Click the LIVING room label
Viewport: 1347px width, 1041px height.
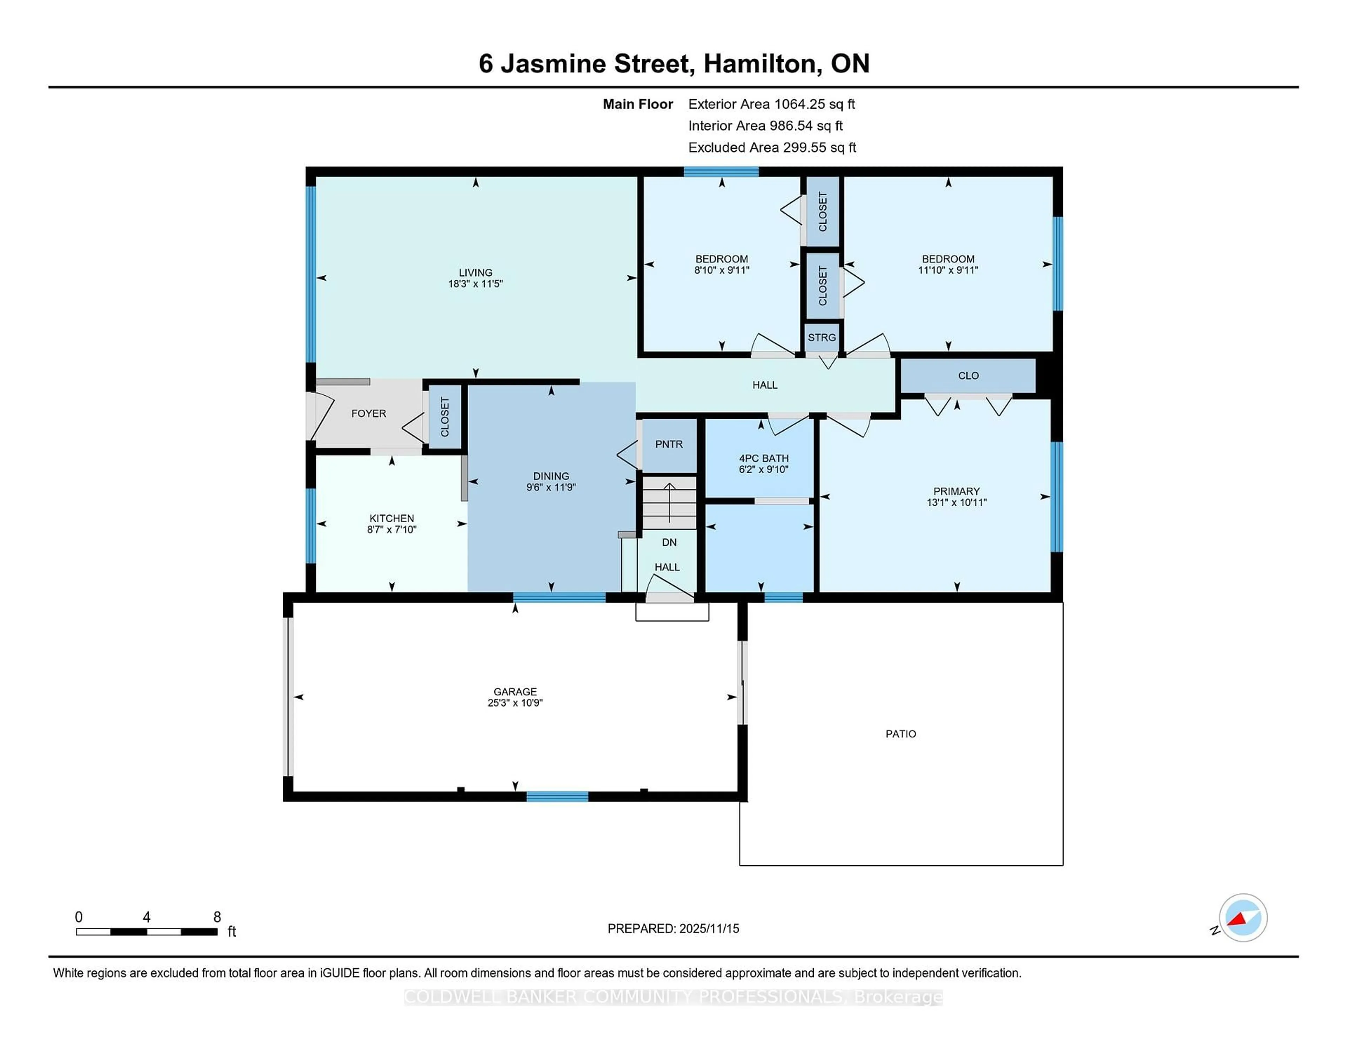(475, 272)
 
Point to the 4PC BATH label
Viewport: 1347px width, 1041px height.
(764, 458)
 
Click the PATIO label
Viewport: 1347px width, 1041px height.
(900, 734)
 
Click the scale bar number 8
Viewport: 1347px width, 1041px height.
(217, 917)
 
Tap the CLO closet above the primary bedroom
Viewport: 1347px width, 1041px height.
(968, 376)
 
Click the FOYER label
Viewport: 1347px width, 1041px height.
(369, 413)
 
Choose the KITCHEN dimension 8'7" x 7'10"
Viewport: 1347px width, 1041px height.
(391, 529)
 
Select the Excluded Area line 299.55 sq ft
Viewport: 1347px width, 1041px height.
(772, 147)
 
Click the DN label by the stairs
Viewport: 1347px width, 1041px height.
(669, 542)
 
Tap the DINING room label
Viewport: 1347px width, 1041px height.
(551, 476)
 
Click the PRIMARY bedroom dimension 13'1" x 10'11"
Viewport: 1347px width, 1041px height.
(956, 502)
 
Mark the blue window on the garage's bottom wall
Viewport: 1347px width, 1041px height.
(557, 797)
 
